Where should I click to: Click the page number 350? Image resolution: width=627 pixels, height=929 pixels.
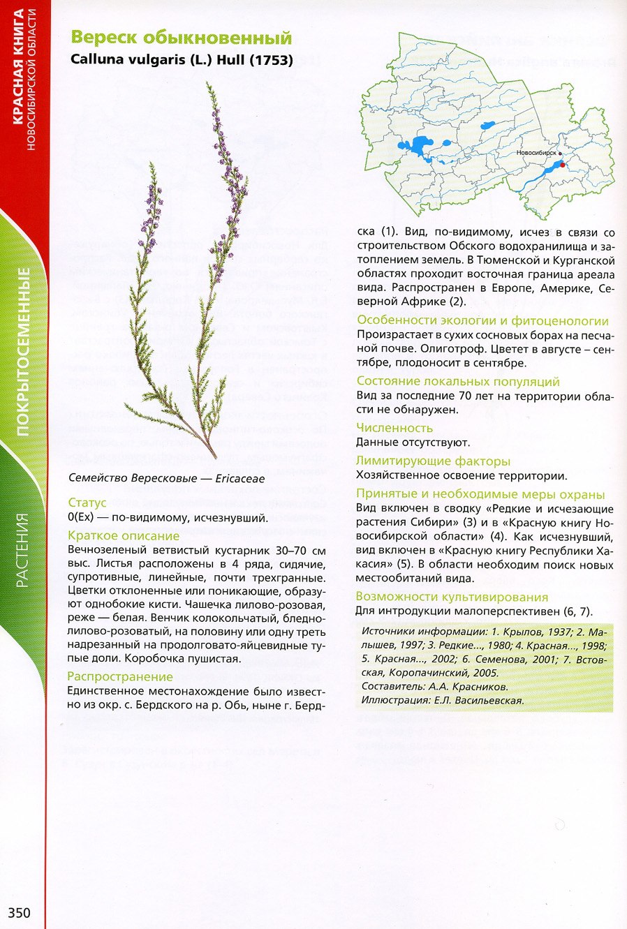[x=20, y=912]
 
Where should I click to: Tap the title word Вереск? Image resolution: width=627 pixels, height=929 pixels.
[x=104, y=38]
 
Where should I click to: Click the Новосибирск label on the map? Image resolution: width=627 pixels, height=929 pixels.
[x=536, y=152]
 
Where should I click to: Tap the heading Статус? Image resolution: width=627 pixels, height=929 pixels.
[x=87, y=503]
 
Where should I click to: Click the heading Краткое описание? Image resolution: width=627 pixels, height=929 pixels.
[x=124, y=536]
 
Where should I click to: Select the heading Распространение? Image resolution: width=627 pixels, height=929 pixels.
[x=120, y=676]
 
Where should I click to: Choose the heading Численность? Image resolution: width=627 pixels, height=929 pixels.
[x=394, y=428]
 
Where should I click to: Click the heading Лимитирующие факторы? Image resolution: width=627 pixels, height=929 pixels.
[x=433, y=461]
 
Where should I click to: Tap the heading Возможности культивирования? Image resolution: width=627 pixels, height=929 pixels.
[x=452, y=597]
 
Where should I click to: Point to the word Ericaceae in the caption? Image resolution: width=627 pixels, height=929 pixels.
[x=240, y=479]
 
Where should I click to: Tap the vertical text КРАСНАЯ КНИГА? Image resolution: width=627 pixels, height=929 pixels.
[x=17, y=66]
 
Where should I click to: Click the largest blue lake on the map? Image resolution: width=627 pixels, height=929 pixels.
[x=420, y=147]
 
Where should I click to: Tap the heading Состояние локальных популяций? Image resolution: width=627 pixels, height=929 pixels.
[x=458, y=381]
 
